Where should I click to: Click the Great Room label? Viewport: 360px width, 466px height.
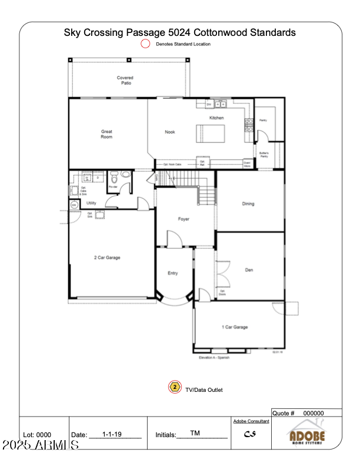coord(106,134)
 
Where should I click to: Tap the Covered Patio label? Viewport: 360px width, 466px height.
coord(125,81)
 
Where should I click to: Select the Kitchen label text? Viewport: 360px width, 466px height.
coord(216,118)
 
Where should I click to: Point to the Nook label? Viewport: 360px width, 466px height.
coord(170,132)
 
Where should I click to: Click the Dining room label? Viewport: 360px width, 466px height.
coord(248,204)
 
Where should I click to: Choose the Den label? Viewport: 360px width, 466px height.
coord(249,270)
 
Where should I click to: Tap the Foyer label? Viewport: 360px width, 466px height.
coord(184,219)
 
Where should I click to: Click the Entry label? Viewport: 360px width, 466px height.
coord(173,273)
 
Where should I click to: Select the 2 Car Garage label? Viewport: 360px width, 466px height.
coord(108,257)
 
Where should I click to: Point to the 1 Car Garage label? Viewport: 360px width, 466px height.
coord(234,327)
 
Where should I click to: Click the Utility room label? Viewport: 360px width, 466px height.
coord(91,203)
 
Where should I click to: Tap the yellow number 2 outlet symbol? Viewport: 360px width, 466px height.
coord(175,387)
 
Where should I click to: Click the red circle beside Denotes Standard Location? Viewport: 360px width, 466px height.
coord(145,44)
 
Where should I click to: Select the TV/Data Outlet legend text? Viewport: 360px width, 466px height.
coord(204,390)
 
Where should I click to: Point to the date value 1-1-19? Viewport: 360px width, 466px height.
coord(112,434)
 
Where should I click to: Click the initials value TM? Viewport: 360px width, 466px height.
coord(195,433)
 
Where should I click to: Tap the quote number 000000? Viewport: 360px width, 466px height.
coord(314,413)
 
